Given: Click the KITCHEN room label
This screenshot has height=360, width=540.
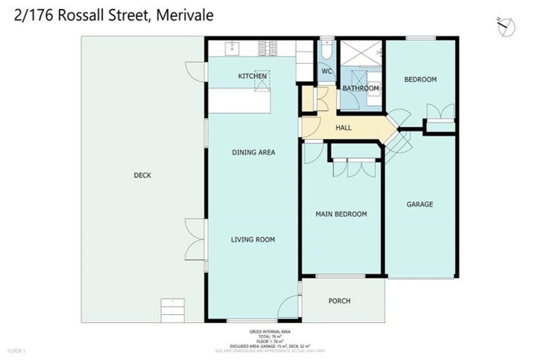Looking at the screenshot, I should pyautogui.click(x=252, y=76).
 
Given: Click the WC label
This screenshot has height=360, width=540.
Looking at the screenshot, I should pyautogui.click(x=326, y=71).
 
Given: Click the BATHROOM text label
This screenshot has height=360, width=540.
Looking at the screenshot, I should pyautogui.click(x=361, y=89).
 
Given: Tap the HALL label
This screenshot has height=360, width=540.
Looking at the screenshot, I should pyautogui.click(x=343, y=128).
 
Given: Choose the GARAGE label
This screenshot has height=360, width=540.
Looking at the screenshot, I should pyautogui.click(x=420, y=205).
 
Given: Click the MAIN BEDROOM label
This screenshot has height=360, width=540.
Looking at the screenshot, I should pyautogui.click(x=341, y=214).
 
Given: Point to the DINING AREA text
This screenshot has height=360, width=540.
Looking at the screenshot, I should pyautogui.click(x=253, y=153).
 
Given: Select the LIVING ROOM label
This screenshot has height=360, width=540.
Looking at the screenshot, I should pyautogui.click(x=252, y=240).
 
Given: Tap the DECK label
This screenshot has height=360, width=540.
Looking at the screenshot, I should pyautogui.click(x=143, y=176).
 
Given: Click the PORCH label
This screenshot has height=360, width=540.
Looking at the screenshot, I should pyautogui.click(x=340, y=301).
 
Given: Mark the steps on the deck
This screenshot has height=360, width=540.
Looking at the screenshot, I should pyautogui.click(x=172, y=309).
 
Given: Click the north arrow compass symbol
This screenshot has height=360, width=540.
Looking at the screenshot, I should pyautogui.click(x=506, y=27).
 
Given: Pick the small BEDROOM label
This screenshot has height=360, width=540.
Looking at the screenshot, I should pyautogui.click(x=420, y=79).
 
